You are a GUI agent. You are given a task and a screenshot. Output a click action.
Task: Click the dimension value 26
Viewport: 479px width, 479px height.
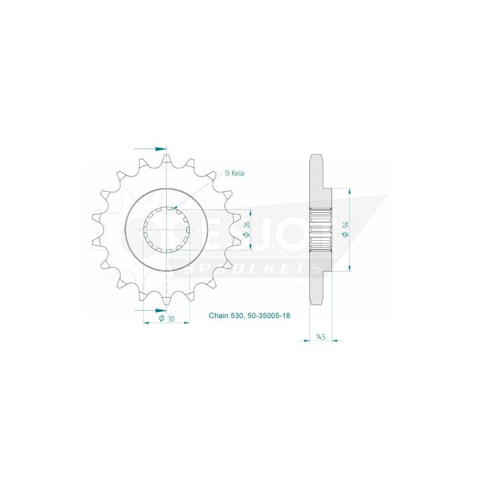pyautogui.click(x=246, y=225)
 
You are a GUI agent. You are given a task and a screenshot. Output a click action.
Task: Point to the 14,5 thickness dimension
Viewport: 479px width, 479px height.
pyautogui.click(x=321, y=337)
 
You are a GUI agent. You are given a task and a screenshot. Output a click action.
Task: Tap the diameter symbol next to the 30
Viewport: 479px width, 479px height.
pyautogui.click(x=161, y=318)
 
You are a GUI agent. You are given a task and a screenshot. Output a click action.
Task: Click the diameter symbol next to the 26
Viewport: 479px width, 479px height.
pyautogui.click(x=246, y=236)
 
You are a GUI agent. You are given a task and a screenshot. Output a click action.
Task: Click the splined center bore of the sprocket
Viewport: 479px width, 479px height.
pyautogui.click(x=167, y=231)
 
